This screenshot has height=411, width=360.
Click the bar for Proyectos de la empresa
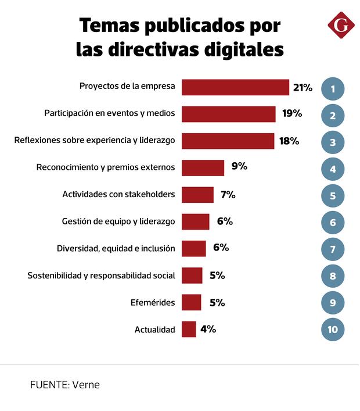tap(235, 87)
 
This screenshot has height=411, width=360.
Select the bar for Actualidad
tap(189, 329)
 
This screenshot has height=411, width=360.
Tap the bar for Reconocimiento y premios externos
tap(203, 167)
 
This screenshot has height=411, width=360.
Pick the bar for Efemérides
tap(191, 302)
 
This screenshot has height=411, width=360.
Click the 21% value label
tap(303, 88)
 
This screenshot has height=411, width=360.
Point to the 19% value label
tap(292, 113)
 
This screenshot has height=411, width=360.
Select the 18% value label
tap(289, 141)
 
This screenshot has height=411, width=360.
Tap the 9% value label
tap(239, 167)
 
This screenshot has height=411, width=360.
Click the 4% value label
tap(208, 329)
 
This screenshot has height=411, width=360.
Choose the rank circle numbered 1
tap(333, 89)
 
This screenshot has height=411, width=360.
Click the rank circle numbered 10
tap(333, 330)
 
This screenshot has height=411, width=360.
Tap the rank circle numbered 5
tap(333, 196)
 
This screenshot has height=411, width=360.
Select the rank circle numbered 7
tap(333, 249)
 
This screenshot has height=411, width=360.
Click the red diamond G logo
tap(340, 25)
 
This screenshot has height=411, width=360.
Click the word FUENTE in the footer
tap(49, 385)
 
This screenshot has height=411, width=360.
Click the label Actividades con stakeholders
tap(118, 194)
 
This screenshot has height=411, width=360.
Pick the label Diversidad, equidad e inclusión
tap(116, 248)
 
